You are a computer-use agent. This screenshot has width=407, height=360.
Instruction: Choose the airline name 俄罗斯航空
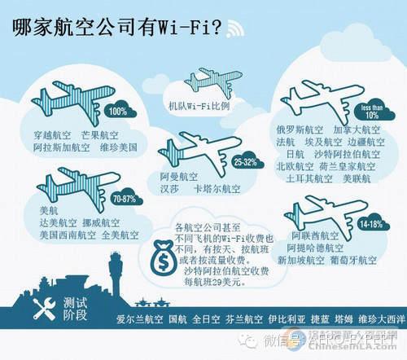pos(300,129)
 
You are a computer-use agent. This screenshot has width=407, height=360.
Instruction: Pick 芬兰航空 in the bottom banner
pos(243,318)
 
